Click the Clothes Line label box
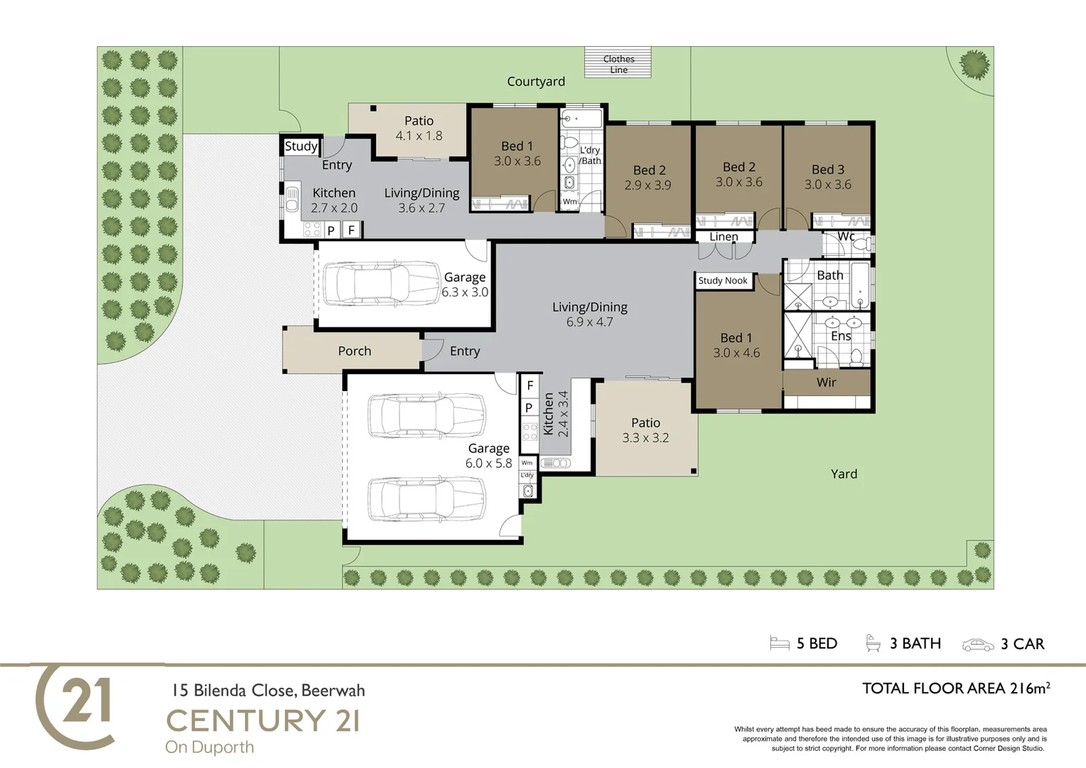[x=618, y=63]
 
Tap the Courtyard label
[x=536, y=82]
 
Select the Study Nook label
[x=722, y=280]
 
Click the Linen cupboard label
[x=724, y=237]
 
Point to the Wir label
[x=826, y=383]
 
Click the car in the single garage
[x=382, y=284]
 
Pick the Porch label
[x=355, y=351]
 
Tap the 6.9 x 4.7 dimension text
[x=589, y=321]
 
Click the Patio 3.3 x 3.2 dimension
[x=645, y=437]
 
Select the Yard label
[x=844, y=474]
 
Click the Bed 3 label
[x=827, y=169]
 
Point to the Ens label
[x=841, y=336]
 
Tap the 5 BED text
[x=817, y=644]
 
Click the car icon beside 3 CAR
[x=978, y=645]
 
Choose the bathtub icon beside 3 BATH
[x=873, y=643]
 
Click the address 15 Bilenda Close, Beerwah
[x=269, y=690]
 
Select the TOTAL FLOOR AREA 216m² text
[x=956, y=688]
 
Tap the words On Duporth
[x=210, y=747]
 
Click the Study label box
[x=301, y=146]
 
